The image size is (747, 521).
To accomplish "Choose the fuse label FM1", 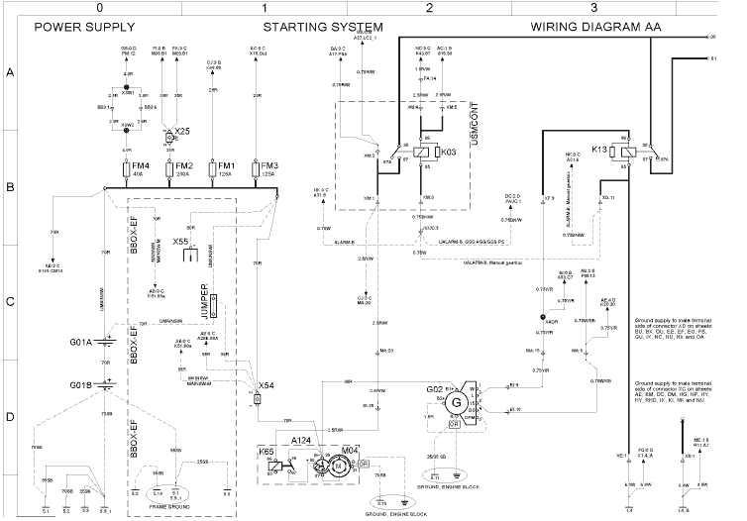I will point(226,165).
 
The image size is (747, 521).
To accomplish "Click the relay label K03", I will point(448,154).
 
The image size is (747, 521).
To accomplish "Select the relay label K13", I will point(600,149).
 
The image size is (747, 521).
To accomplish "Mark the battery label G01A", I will point(79,343).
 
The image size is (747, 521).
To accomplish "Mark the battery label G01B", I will point(79,384).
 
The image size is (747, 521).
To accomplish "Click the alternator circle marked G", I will point(457,403).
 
